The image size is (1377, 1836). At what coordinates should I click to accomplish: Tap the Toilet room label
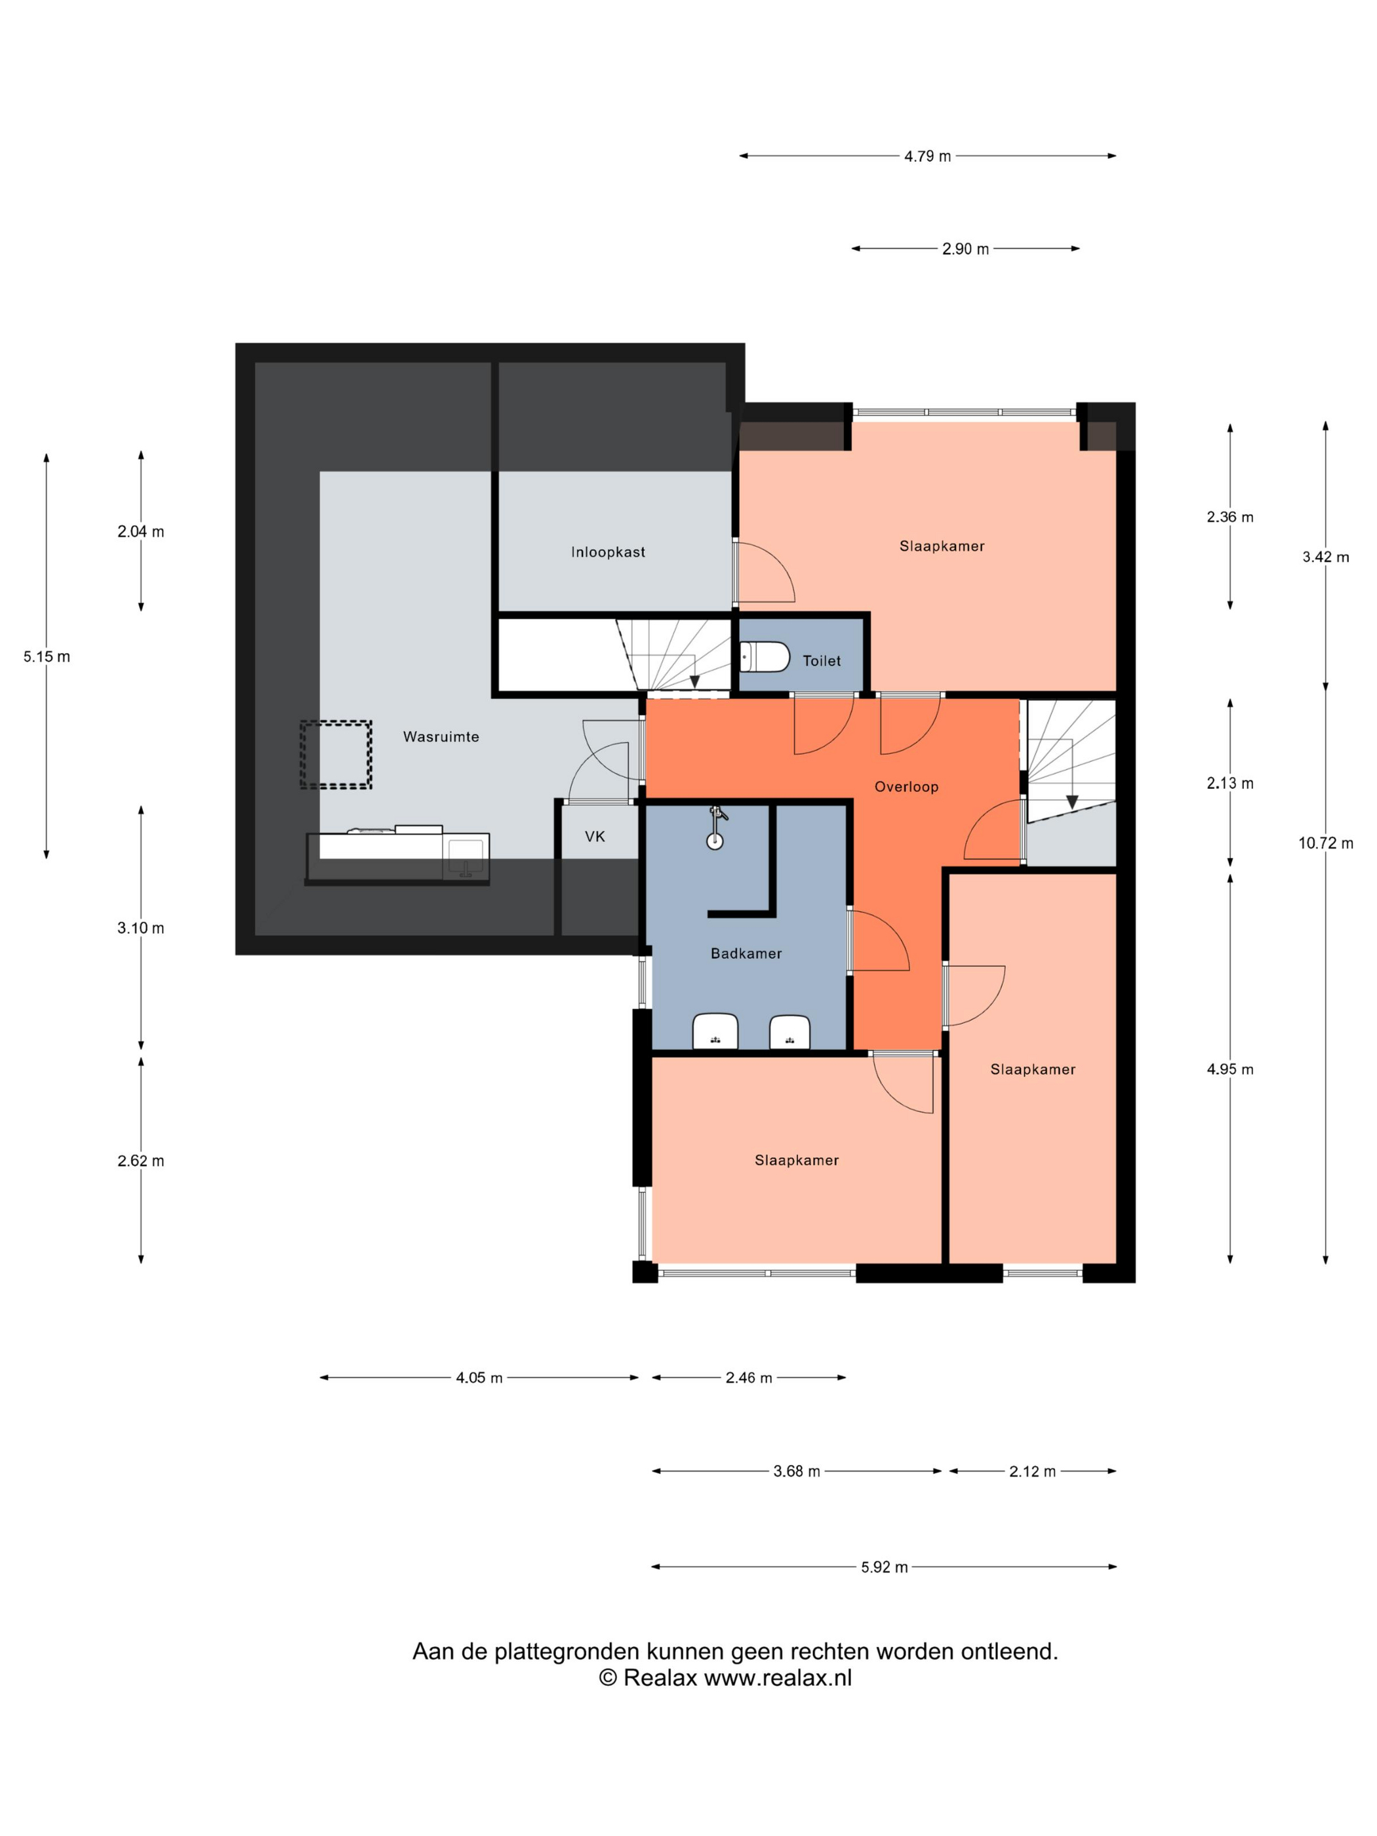(822, 661)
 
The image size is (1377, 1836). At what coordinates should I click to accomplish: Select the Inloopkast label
(608, 552)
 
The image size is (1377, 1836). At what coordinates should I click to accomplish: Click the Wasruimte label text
(441, 736)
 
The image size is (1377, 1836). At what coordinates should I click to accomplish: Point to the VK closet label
(595, 836)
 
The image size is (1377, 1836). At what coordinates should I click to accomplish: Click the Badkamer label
(746, 953)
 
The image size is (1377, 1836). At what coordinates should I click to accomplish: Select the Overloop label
(906, 787)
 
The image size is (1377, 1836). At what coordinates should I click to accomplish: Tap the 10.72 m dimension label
(1326, 843)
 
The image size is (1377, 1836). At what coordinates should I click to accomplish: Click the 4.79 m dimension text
(927, 156)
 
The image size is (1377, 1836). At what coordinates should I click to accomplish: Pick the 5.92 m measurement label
(884, 1567)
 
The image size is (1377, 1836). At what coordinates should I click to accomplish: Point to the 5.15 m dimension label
(47, 656)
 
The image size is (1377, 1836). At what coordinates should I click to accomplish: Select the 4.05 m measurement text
(479, 1378)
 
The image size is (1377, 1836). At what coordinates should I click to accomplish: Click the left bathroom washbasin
(715, 1031)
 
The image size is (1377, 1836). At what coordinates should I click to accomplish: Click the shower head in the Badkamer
(715, 830)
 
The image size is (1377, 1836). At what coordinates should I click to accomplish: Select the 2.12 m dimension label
(1033, 1471)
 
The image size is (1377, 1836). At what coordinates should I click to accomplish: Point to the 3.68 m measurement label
(797, 1471)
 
